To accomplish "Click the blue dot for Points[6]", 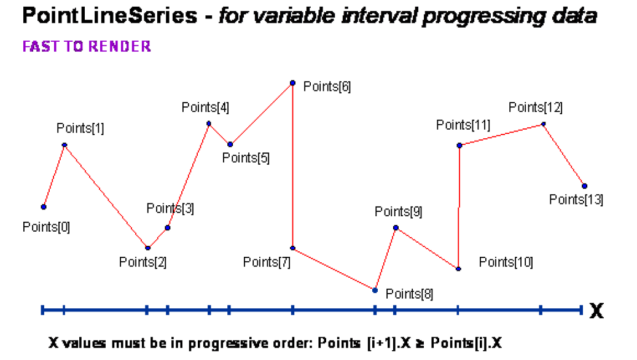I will (293, 83).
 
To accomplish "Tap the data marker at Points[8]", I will (375, 290).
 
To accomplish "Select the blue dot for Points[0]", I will (44, 207).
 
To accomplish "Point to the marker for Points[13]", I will (584, 186).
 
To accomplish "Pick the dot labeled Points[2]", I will (148, 248).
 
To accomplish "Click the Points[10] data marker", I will (458, 268).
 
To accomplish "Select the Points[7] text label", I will (267, 262).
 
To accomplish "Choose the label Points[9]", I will (398, 212).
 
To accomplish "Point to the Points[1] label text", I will (80, 128).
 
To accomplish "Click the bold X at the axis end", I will (596, 311).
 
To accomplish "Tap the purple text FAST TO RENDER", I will (87, 47).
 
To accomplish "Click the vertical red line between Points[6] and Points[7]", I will (293, 166).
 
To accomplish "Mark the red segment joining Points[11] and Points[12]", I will (501, 135).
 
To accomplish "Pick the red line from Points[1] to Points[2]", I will (106, 197).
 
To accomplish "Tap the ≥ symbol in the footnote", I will (423, 343).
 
